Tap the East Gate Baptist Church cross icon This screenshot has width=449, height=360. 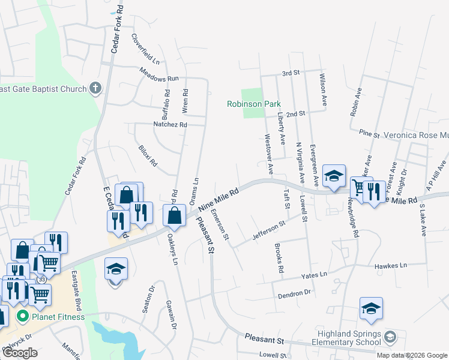pos(95,89)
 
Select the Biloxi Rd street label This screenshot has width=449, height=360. pos(147,155)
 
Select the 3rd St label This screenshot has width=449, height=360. pos(291,73)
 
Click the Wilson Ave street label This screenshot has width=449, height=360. pos(323,91)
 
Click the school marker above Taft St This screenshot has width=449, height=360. pos(334,176)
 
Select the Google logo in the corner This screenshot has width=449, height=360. pos(20,353)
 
